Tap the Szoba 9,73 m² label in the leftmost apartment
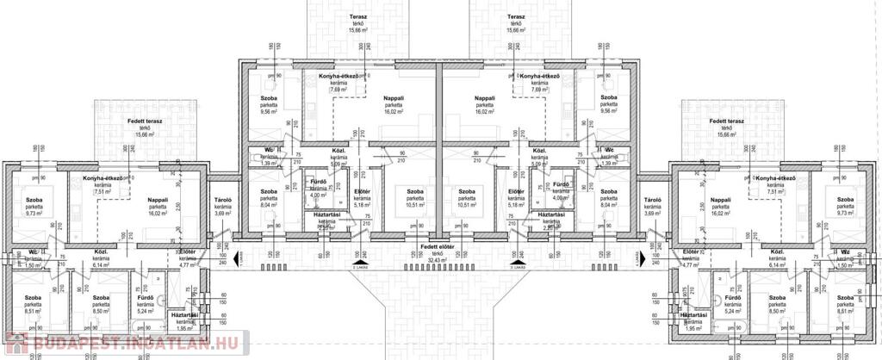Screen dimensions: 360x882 coord(34,206)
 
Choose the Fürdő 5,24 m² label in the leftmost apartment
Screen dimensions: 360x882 coord(145,305)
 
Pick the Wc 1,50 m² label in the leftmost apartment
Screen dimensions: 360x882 coord(33,258)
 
